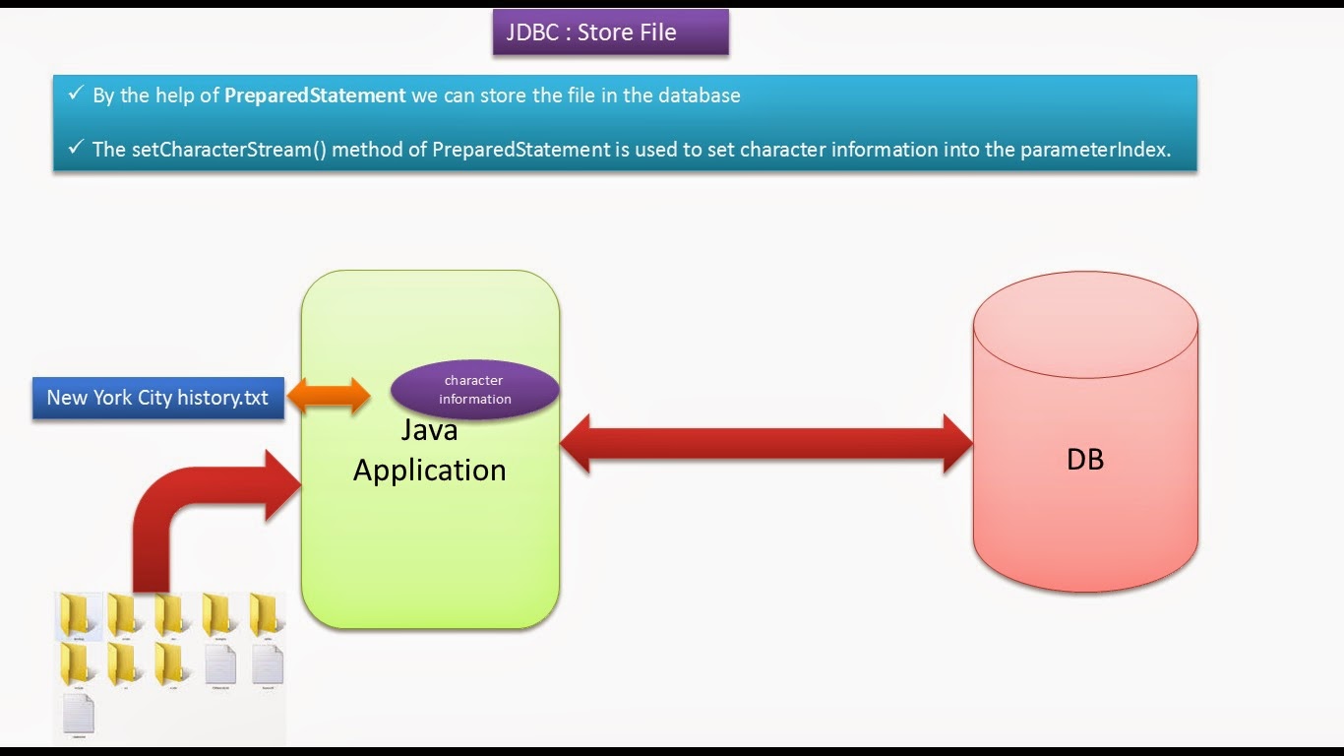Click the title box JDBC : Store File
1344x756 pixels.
pyautogui.click(x=610, y=32)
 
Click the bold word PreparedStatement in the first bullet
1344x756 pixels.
pyautogui.click(x=315, y=95)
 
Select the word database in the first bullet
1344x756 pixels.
pyautogui.click(x=699, y=95)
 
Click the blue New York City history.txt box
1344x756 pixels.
pyautogui.click(x=157, y=398)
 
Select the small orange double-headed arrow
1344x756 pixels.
pyautogui.click(x=329, y=396)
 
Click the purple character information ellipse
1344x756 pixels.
pyautogui.click(x=475, y=390)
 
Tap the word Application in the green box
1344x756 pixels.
pyautogui.click(x=429, y=470)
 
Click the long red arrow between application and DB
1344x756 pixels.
pyautogui.click(x=765, y=443)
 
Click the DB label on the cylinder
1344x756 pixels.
pyautogui.click(x=1084, y=459)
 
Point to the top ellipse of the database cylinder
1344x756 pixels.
pyautogui.click(x=1084, y=325)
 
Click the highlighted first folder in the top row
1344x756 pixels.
pyautogui.click(x=79, y=616)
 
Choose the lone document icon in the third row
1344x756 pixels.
pyautogui.click(x=79, y=714)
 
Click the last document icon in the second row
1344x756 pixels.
pyautogui.click(x=267, y=665)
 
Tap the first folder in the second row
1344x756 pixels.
pyautogui.click(x=79, y=665)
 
